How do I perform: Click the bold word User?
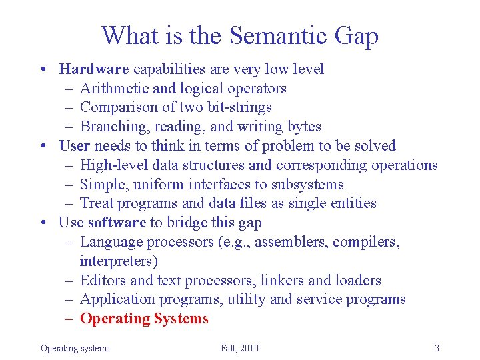[75, 145]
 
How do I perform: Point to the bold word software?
[117, 222]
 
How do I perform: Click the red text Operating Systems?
[144, 319]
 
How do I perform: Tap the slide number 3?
[437, 348]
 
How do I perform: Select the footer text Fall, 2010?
[239, 348]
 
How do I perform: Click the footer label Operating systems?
[75, 348]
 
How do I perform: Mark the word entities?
[351, 203]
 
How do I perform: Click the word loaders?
[357, 280]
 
